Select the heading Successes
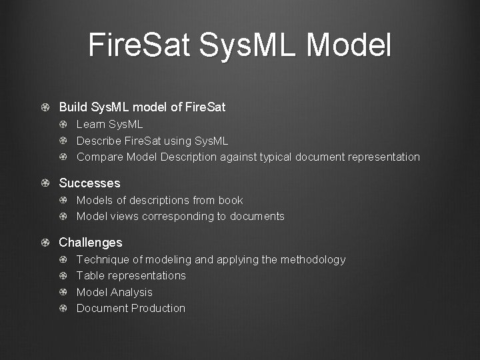(89, 183)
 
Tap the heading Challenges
(91, 243)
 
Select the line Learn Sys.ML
(109, 125)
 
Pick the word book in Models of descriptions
(231, 200)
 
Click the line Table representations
(131, 275)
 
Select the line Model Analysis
(114, 292)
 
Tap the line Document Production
(131, 308)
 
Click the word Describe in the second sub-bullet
(99, 141)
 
